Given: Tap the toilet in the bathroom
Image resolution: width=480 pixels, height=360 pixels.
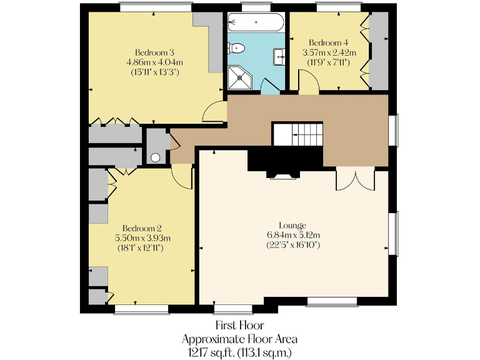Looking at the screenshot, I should click(x=236, y=47).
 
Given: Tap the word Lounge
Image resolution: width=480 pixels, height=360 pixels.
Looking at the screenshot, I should click(x=292, y=225).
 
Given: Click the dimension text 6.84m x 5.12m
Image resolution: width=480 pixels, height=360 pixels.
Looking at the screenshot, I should click(x=292, y=234).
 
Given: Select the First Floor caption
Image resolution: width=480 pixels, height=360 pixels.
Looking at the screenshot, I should click(x=239, y=326).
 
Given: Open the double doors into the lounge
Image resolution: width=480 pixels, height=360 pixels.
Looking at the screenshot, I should click(x=355, y=179).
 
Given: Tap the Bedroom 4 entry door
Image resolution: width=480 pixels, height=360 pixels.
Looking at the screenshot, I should click(x=309, y=83).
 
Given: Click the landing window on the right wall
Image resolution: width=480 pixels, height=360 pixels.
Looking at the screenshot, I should click(x=394, y=130).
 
